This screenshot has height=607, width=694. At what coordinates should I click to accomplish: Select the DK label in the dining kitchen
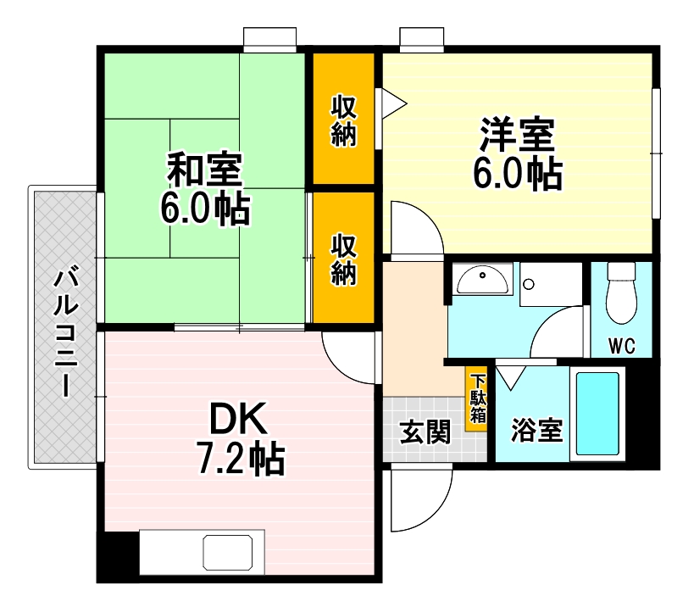239,418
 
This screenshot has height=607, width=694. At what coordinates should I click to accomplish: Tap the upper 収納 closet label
343,121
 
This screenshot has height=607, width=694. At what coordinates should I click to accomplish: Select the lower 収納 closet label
343,259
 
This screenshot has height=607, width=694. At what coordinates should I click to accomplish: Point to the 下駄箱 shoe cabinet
478,398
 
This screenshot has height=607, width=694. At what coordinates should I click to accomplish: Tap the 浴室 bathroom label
536,431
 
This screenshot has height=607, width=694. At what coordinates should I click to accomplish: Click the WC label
621,347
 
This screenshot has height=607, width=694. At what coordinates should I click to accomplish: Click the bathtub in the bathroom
598,414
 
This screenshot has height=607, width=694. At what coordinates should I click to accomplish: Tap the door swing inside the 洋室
415,227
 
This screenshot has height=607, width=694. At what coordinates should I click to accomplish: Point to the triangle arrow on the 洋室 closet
395,103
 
